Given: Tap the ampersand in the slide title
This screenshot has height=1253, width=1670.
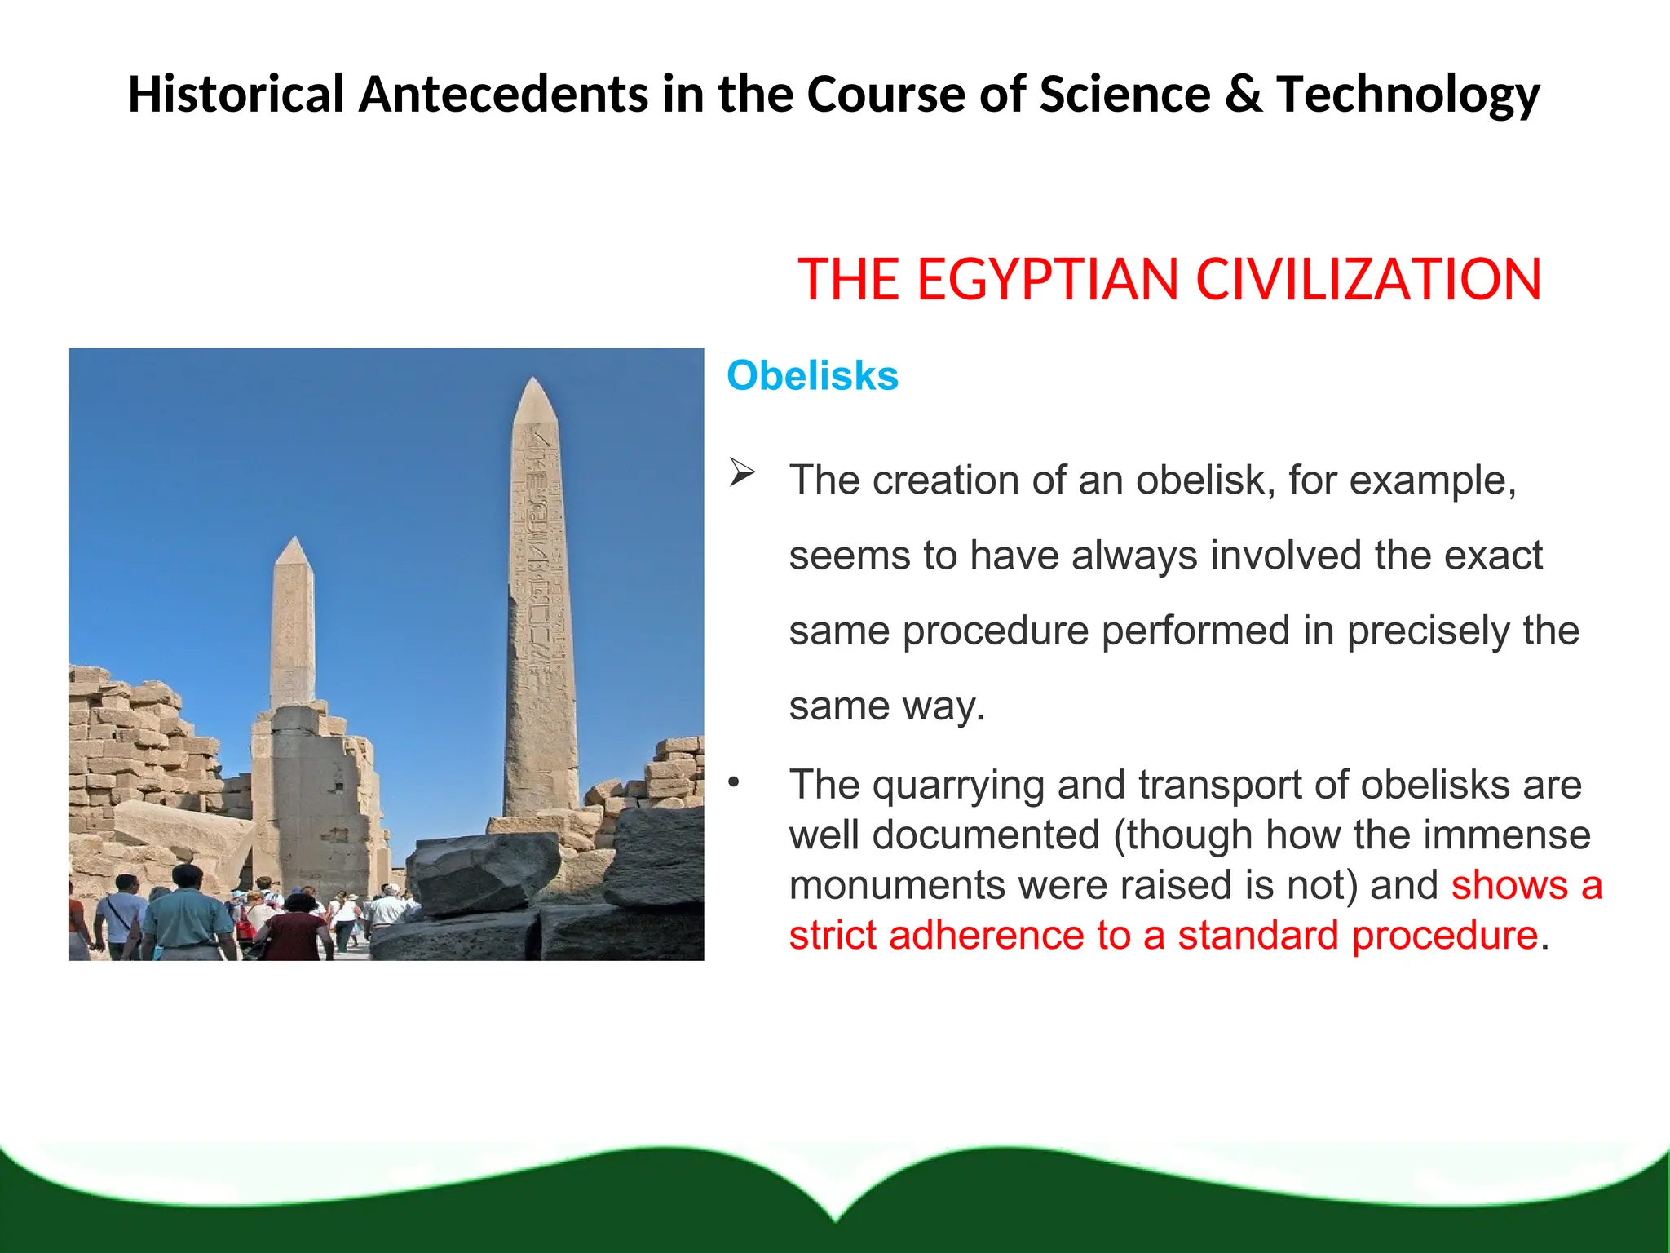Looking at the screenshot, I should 1243,94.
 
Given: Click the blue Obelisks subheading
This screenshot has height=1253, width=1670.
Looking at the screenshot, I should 812,376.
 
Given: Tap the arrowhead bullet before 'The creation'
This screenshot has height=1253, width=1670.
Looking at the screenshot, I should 742,472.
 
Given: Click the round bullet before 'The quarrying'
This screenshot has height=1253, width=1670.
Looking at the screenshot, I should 734,784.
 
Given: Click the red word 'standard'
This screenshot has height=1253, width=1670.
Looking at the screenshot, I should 1257,936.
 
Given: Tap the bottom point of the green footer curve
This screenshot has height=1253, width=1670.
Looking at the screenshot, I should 836,1220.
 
